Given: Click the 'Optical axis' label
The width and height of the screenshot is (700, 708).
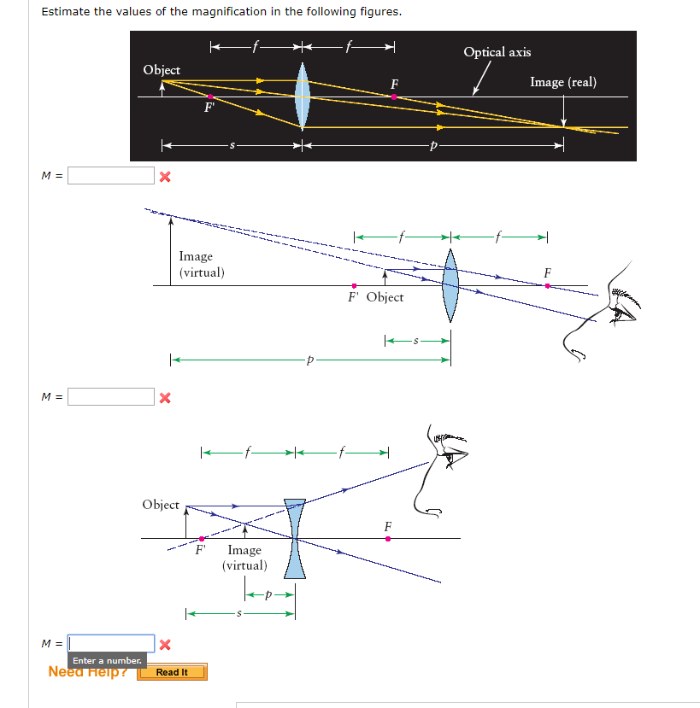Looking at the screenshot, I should [497, 52].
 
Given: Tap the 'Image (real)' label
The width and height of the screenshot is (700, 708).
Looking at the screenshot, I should [562, 82].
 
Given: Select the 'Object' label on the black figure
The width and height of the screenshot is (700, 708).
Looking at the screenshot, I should [162, 70].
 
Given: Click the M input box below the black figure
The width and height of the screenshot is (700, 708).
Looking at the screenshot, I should [111, 176].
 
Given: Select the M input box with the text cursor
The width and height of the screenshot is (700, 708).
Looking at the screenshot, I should [111, 643].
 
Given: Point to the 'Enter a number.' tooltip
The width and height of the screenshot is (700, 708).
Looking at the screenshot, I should [107, 661].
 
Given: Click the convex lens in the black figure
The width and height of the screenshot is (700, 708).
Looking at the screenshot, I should [302, 97].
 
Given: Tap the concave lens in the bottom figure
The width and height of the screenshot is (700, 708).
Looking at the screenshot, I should [295, 538].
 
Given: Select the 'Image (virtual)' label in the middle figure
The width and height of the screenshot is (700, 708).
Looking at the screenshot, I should [202, 264].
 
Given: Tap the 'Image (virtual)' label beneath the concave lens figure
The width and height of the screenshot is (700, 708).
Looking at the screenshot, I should [244, 558].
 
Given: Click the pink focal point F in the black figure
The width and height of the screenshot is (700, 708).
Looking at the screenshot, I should [393, 97].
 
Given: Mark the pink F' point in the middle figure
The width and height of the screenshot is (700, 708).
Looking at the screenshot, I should [354, 285].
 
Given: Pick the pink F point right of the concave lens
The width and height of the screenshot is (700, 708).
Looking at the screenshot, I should [388, 538].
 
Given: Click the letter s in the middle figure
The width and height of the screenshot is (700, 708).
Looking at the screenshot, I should [416, 341].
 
